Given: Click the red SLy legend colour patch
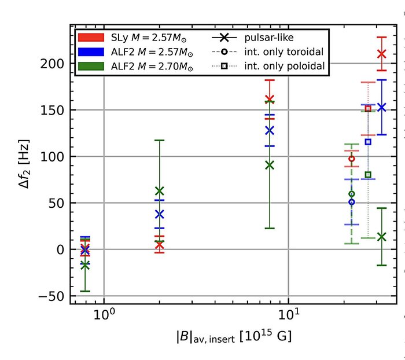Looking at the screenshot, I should coord(90,38).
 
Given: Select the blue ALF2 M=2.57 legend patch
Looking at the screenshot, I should coord(90,53).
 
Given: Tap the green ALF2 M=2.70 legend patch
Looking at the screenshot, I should coord(90,67).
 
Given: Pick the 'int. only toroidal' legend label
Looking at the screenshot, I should coord(284,53).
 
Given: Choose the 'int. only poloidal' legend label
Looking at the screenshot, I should coord(284,67).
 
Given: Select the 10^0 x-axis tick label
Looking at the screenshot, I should coord(104,315).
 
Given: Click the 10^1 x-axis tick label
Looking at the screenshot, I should coord(289,315).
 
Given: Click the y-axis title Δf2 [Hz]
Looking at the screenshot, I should coord(23,164).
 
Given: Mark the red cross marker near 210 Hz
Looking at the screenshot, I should coord(381,54).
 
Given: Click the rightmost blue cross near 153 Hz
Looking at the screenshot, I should coord(381,107).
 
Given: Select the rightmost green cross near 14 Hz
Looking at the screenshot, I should coord(381,236).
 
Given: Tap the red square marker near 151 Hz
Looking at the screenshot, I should coord(368,109).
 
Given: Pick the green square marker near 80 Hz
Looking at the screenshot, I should coord(368,175).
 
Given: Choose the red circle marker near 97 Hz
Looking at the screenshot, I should coord(351,159).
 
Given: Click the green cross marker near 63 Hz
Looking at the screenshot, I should coord(160,191).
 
